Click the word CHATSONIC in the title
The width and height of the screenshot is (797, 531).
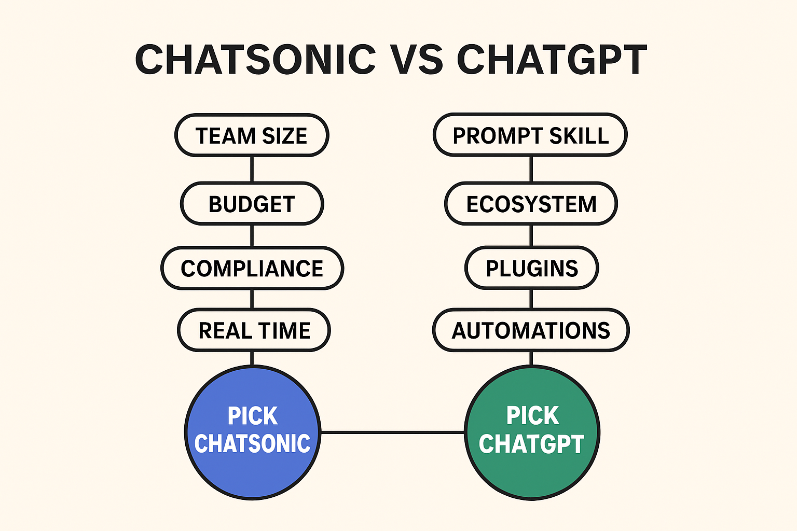pyautogui.click(x=255, y=59)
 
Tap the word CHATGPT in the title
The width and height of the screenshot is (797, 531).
pyautogui.click(x=552, y=59)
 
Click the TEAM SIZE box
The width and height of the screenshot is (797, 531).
pyautogui.click(x=252, y=135)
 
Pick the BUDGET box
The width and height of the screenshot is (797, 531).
pyautogui.click(x=252, y=204)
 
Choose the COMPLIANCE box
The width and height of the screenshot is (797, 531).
pyautogui.click(x=252, y=268)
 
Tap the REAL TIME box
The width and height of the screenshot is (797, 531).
pyautogui.click(x=254, y=330)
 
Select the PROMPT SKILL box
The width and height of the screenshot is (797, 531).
pyautogui.click(x=530, y=135)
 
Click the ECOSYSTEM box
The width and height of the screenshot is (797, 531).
pyautogui.click(x=531, y=204)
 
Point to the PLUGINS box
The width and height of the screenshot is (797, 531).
pyautogui.click(x=531, y=268)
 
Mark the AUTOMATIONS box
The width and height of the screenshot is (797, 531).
pyautogui.click(x=531, y=330)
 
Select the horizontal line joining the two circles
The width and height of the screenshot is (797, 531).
pyautogui.click(x=392, y=432)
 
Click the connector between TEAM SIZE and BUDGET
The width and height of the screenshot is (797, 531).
pyautogui.click(x=252, y=169)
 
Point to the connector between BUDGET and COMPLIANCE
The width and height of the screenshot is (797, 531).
pyautogui.click(x=252, y=236)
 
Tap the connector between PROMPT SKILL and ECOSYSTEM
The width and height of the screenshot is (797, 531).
pyautogui.click(x=531, y=169)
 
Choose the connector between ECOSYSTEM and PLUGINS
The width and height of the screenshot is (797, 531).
pyautogui.click(x=531, y=236)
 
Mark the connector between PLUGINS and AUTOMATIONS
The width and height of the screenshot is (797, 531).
pyautogui.click(x=531, y=299)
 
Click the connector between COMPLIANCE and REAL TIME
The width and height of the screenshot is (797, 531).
pyautogui.click(x=252, y=299)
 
